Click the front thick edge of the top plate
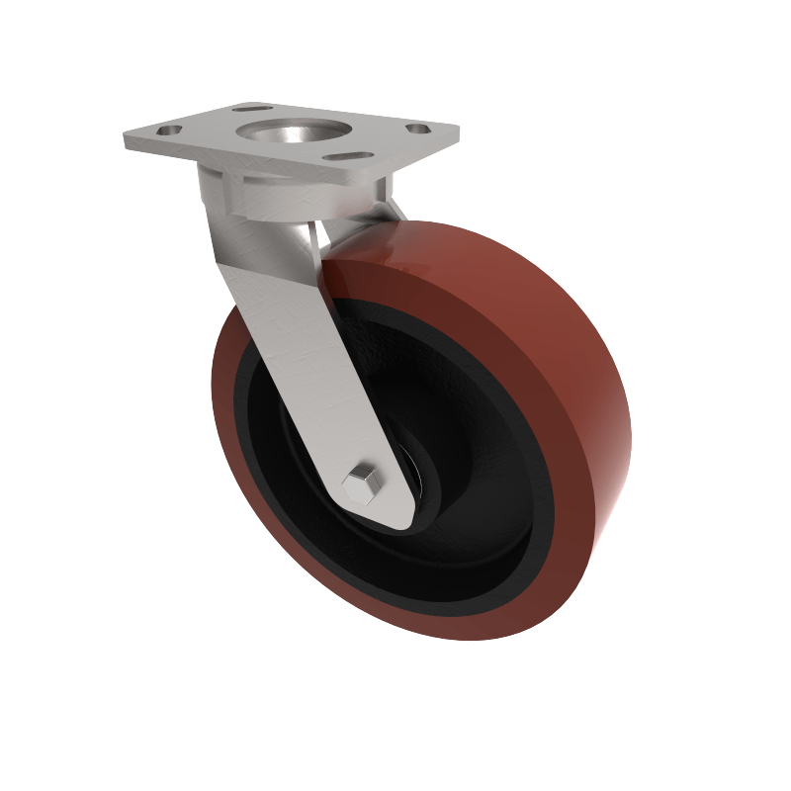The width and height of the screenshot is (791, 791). click(297, 168)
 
